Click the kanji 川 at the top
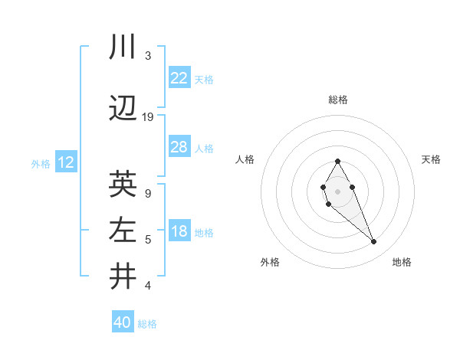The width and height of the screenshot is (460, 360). tap(123, 47)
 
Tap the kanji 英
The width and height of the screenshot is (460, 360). tap(123, 184)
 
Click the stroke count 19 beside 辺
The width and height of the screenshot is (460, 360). tap(148, 117)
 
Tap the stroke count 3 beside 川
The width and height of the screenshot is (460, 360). tap(148, 56)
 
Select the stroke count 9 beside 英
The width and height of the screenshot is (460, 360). tap(148, 194)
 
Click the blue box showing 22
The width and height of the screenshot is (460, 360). tap(179, 78)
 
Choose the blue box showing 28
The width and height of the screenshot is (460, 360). tap(179, 147)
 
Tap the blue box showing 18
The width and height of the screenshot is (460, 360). tap(179, 232)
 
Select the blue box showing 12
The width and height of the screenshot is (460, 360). tap(65, 162)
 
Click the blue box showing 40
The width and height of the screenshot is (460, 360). tap(123, 322)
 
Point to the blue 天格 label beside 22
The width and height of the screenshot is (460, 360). tap(204, 79)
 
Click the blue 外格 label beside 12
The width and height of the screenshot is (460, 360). tap(40, 163)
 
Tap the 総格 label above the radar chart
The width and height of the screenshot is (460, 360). tap(338, 100)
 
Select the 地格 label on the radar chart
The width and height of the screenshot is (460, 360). tap(402, 262)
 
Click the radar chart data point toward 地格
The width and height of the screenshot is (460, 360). tap(374, 242)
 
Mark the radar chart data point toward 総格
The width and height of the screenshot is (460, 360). tap(337, 161)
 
